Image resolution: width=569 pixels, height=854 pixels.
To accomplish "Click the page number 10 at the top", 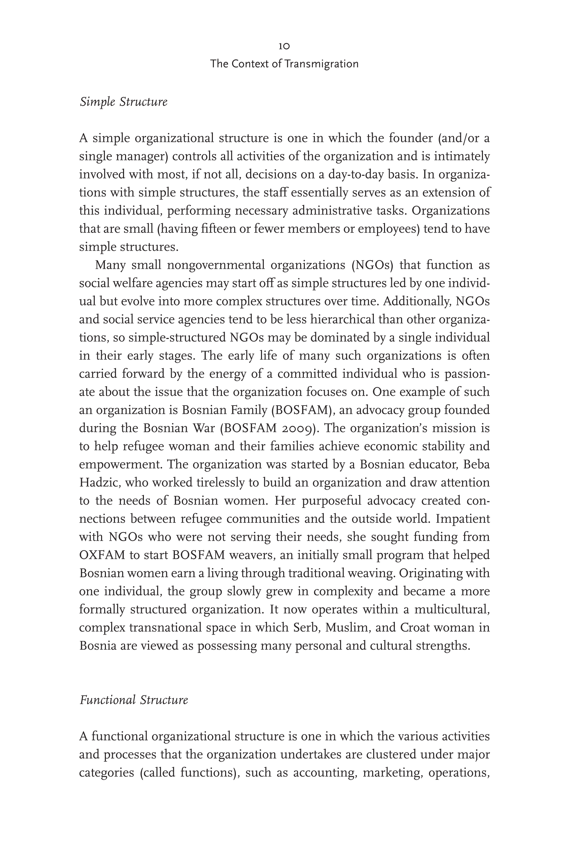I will tap(284, 46).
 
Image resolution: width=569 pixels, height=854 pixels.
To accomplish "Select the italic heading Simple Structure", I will tap(123, 102).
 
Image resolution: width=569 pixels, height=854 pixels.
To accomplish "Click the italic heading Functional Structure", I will tap(133, 700).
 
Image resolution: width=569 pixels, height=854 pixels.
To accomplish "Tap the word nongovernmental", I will tap(216, 265).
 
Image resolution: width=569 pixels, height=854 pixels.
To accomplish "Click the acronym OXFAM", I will tap(102, 555).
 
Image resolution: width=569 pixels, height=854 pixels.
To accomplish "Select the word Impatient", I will tap(463, 519).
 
